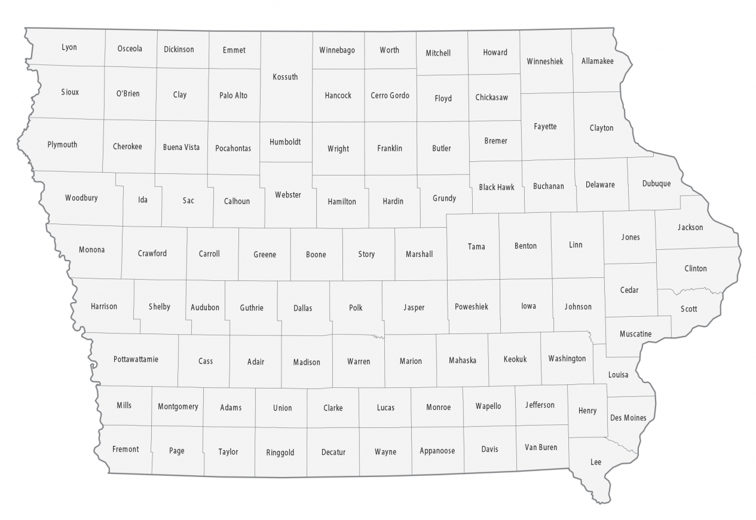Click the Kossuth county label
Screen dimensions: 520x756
pos(284,77)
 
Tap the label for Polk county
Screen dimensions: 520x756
pos(356,308)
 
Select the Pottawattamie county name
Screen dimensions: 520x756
pos(136,359)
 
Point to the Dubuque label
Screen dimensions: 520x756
pos(656,183)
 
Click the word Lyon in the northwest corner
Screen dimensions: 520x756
pos(69,47)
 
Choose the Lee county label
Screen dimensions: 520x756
pos(596,462)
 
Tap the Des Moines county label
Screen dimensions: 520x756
pos(628,418)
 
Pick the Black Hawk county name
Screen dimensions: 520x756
pos(496,187)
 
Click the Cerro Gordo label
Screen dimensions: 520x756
pos(390,96)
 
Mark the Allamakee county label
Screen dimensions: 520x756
pos(597,61)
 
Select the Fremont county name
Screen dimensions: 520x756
pos(126,449)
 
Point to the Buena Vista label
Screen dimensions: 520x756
pos(181,147)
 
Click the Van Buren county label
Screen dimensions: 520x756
pos(540,447)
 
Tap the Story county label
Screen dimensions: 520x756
pos(366,254)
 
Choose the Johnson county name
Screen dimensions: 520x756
pos(578,307)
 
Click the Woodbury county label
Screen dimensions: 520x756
pos(81,198)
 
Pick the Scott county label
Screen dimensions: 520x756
pos(688,309)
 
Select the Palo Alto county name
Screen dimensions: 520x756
pos(233,96)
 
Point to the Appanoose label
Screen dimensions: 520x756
pos(437,451)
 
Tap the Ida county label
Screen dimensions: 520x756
pos(143,200)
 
